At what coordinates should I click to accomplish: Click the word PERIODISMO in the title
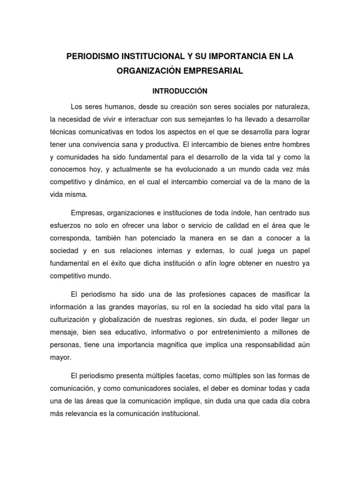pos(93,56)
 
